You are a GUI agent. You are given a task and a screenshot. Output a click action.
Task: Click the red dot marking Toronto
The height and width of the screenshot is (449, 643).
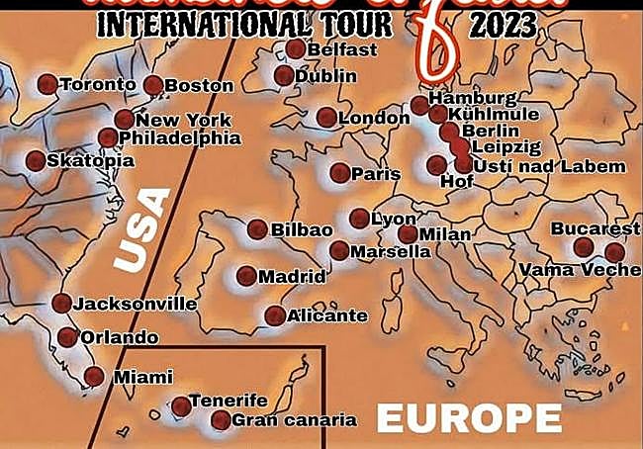point(46,85)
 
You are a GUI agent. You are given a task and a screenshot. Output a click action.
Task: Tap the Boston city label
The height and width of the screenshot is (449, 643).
point(199,86)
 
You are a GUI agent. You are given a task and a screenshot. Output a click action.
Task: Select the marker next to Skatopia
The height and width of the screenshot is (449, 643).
point(36,160)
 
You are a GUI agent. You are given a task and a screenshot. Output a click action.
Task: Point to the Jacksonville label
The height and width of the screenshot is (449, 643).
point(136,304)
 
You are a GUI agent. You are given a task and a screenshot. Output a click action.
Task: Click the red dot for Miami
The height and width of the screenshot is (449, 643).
point(94,376)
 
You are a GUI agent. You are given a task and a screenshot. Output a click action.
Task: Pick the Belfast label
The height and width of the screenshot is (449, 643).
point(342,49)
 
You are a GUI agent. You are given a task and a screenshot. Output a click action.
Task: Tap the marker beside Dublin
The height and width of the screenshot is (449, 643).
point(284,75)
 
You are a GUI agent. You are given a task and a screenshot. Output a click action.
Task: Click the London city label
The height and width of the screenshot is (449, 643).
point(374,119)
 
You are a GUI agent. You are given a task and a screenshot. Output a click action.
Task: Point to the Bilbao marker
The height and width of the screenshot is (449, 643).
point(257,228)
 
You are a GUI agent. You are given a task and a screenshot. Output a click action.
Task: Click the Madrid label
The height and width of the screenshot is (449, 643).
point(292,277)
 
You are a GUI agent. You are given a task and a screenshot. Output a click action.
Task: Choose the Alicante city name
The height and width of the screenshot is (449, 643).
point(326,316)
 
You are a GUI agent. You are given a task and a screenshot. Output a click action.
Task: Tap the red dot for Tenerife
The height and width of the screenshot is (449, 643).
point(181,405)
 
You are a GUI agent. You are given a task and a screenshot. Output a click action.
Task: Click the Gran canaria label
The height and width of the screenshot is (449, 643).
point(294,420)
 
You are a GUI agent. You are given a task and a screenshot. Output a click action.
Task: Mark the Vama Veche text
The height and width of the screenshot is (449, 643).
point(581,270)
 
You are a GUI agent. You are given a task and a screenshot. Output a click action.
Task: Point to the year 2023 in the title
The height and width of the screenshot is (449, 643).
point(503,25)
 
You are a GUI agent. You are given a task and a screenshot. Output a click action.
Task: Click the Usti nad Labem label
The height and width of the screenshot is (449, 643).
point(549,166)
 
